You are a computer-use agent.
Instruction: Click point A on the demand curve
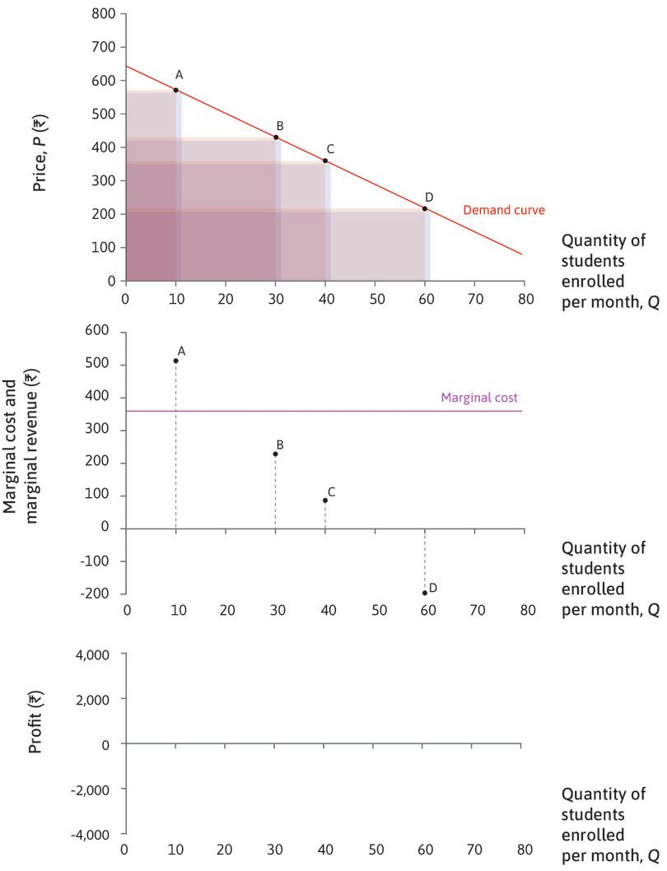175,90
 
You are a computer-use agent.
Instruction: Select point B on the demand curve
276,137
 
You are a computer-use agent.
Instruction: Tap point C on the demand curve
325,161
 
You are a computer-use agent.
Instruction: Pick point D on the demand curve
425,208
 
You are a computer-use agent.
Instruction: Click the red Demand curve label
492,210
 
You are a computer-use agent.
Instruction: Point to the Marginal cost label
479,397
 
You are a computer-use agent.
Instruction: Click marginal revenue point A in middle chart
176,361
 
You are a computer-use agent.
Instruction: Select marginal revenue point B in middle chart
276,454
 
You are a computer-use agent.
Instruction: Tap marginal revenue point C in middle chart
325,500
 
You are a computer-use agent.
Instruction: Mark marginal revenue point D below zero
425,593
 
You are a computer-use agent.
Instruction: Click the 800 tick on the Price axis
105,14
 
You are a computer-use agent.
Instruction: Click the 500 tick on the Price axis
105,114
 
